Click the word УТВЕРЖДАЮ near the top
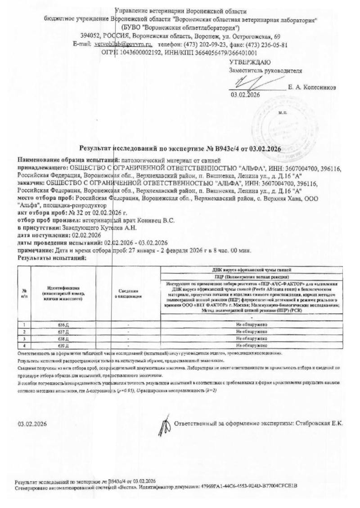click(250, 62)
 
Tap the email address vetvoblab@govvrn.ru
click(123, 45)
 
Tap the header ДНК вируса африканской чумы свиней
click(252, 269)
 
